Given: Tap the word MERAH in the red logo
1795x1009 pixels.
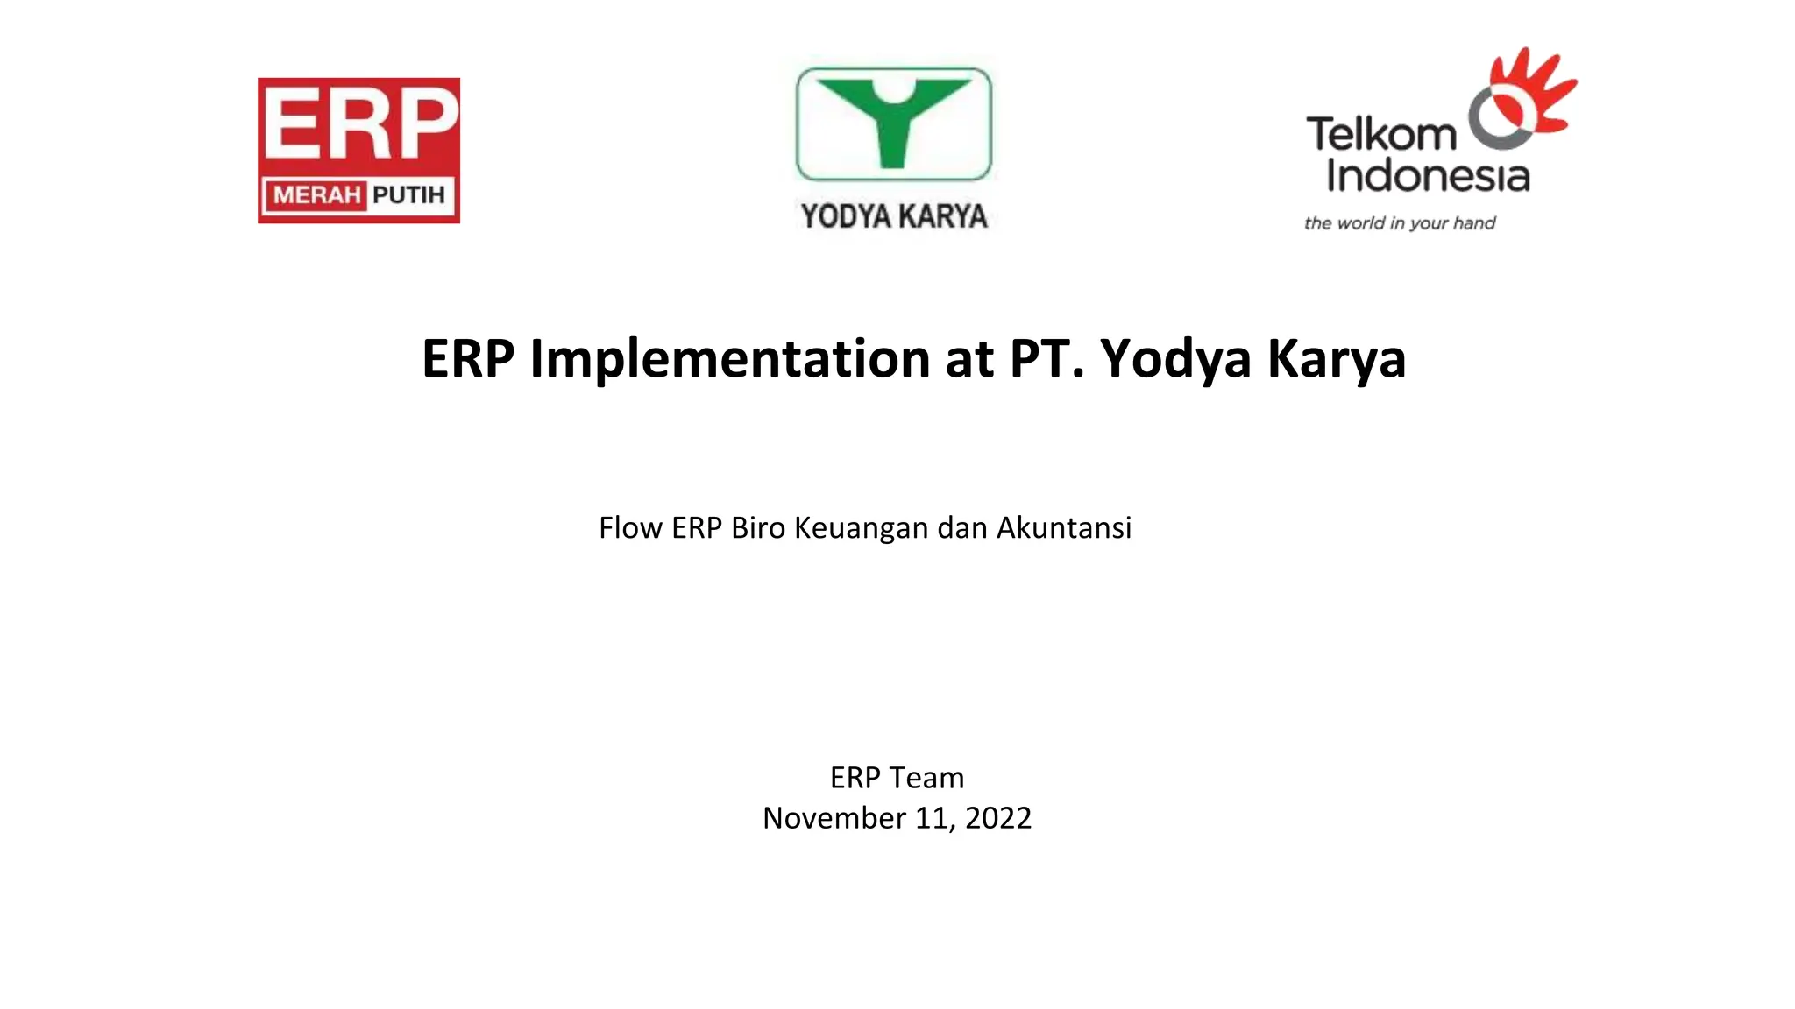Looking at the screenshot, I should click(x=316, y=194).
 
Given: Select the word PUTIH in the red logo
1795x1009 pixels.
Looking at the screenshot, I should click(x=408, y=194).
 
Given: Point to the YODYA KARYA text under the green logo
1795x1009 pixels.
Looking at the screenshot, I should click(x=893, y=216).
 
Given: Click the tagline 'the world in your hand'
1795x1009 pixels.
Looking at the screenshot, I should click(x=1400, y=223).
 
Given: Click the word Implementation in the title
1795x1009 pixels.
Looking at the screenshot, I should click(x=729, y=358).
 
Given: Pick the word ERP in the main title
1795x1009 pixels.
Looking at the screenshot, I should click(x=467, y=358).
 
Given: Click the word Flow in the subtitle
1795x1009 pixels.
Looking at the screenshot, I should click(x=630, y=528).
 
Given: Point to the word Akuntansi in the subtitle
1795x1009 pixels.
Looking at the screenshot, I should click(x=1064, y=528).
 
